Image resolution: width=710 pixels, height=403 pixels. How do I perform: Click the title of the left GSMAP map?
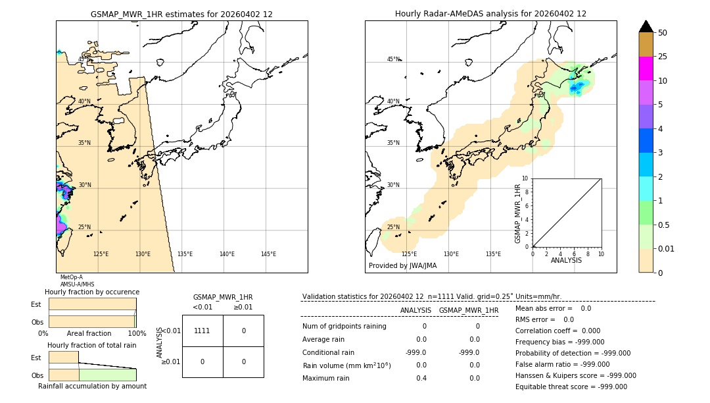(181, 14)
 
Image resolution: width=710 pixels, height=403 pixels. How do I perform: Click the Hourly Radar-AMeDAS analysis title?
(490, 14)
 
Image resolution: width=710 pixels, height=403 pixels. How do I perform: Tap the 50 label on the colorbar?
(663, 33)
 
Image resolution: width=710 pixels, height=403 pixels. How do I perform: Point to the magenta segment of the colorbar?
(646, 68)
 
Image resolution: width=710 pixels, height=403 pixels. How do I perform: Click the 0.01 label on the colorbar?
(667, 248)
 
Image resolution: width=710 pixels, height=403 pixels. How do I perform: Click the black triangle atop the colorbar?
(646, 26)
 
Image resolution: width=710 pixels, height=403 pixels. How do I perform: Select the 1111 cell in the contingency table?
(202, 331)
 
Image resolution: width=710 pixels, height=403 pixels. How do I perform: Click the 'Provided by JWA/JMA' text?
(402, 266)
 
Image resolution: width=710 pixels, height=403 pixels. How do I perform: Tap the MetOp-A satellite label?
(71, 277)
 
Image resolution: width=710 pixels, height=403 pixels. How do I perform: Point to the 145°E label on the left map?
(268, 254)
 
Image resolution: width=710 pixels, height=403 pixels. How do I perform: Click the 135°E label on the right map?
(493, 254)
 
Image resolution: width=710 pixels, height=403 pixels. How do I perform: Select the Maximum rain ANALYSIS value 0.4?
(421, 378)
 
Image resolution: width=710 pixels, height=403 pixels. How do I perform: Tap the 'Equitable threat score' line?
(571, 387)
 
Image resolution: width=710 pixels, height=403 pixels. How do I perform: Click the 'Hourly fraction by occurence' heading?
(91, 292)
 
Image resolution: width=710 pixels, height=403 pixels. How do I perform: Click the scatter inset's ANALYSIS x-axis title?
(566, 260)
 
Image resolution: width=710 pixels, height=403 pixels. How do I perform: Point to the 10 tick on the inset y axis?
(525, 178)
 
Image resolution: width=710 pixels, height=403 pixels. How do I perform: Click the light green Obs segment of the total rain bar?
(107, 374)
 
